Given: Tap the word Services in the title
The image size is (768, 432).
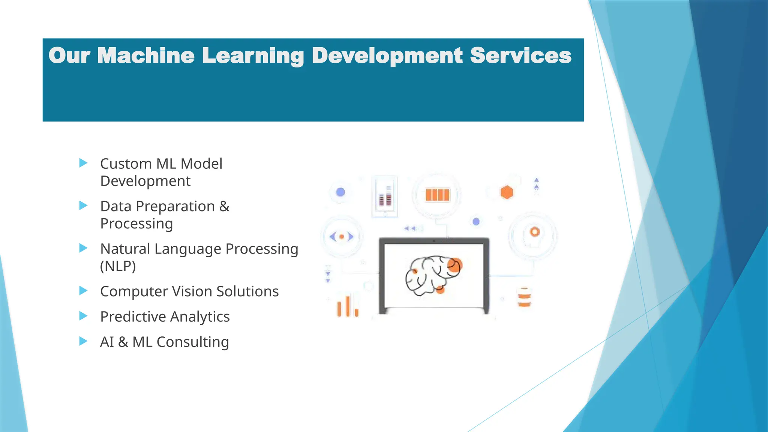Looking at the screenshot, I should click(x=520, y=55).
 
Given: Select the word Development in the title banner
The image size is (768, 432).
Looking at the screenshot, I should click(x=387, y=55).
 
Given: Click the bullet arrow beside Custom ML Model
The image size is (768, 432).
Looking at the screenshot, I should click(x=83, y=163).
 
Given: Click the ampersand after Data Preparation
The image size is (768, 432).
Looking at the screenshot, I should click(x=224, y=206).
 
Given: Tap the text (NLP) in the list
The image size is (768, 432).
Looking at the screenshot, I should click(x=118, y=266).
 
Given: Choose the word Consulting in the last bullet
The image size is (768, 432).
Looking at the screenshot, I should click(x=192, y=342).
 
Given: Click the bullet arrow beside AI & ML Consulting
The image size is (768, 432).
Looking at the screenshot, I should click(x=83, y=341).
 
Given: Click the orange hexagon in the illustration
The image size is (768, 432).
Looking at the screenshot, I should click(x=507, y=192).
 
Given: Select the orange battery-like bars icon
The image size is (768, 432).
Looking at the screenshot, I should click(x=437, y=195).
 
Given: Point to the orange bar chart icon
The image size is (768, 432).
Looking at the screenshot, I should click(x=348, y=307).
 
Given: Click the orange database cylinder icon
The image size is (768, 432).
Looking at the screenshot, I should click(x=524, y=297).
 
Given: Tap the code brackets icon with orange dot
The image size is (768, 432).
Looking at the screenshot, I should click(x=342, y=237).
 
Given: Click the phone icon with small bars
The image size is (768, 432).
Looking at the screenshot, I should click(x=385, y=196).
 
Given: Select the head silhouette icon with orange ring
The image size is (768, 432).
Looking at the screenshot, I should click(x=533, y=235).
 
